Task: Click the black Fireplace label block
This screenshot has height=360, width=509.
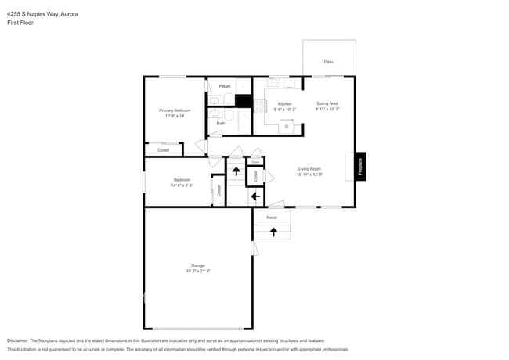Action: pos(361,166)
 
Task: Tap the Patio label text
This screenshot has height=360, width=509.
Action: pos(328,61)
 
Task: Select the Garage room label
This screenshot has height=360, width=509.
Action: pos(198,265)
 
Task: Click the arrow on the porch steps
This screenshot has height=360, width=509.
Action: pos(273,232)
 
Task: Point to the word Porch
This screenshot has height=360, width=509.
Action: pos(272,218)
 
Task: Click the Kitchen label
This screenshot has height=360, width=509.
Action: pos(285,104)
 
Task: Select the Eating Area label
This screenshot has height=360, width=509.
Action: pos(327,103)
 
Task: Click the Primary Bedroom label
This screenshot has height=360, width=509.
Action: pos(171,110)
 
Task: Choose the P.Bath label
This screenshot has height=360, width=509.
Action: pos(224,86)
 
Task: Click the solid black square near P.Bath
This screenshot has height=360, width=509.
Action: pos(244,101)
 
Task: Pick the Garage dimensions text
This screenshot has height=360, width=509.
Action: pos(198,271)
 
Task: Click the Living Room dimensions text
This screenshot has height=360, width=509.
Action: pos(310,175)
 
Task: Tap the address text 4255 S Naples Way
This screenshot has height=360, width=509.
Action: pos(31,14)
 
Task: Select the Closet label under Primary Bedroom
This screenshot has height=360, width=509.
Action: pos(163,149)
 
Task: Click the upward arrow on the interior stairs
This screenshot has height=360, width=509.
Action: pos(236,170)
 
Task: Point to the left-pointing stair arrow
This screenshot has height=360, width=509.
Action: pos(255,196)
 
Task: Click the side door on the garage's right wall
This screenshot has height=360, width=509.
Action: pos(254,248)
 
